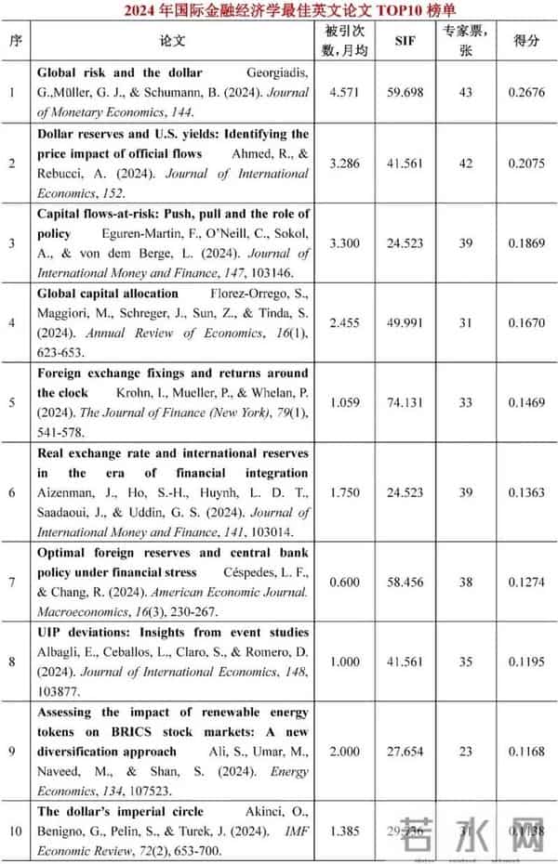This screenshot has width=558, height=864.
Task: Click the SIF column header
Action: click(405, 41)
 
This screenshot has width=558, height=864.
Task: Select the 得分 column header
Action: click(526, 41)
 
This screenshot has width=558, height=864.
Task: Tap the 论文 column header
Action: click(173, 41)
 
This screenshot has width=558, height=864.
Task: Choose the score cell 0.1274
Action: click(526, 583)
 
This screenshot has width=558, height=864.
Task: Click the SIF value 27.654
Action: click(405, 751)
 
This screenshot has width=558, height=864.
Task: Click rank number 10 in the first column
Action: click(13, 830)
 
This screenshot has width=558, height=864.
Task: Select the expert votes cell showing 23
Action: click(466, 751)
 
